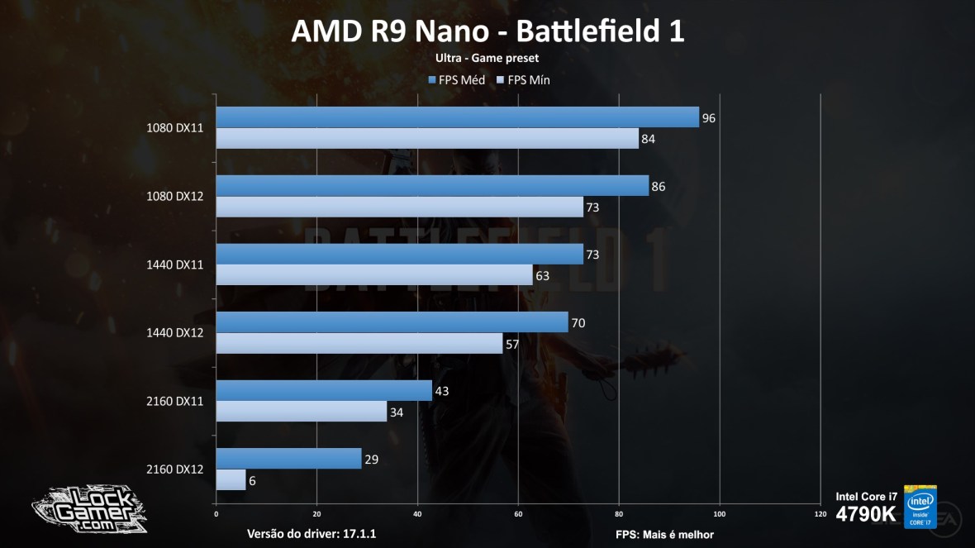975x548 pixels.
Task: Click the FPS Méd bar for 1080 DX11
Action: (457, 117)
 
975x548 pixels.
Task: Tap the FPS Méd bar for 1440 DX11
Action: (399, 255)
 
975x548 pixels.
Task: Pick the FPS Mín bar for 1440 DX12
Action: (359, 343)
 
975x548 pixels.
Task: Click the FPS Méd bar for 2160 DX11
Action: (324, 391)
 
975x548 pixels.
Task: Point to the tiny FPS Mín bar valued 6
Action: (231, 479)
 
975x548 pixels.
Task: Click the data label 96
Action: (708, 118)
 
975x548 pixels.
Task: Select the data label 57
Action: (511, 344)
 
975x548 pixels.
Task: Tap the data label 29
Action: (371, 459)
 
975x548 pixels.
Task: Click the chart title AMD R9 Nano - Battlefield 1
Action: (487, 31)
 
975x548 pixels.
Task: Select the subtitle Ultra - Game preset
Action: (487, 58)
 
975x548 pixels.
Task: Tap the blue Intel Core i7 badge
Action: (920, 506)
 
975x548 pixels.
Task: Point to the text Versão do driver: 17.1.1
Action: (312, 534)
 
